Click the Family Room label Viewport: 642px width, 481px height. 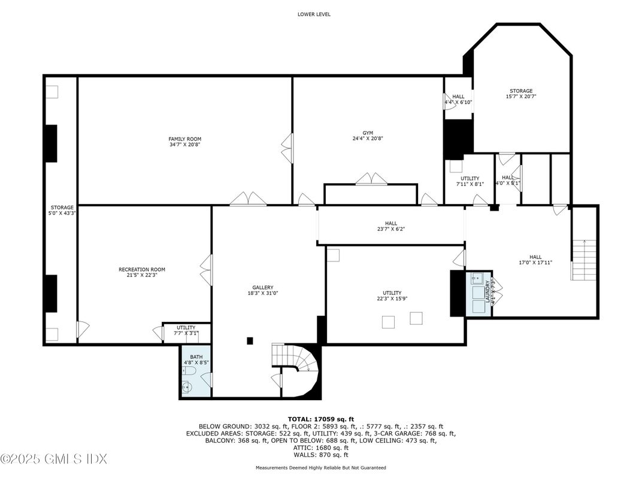pyautogui.click(x=184, y=141)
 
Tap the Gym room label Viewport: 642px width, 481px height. pyautogui.click(x=367, y=135)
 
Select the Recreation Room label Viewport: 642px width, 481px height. pyautogui.click(x=141, y=272)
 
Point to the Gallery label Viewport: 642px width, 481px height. pyautogui.click(x=262, y=290)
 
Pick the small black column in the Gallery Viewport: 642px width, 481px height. pyautogui.click(x=250, y=341)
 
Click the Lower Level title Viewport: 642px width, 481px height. pyautogui.click(x=314, y=14)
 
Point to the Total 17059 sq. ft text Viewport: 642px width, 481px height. pyautogui.click(x=321, y=419)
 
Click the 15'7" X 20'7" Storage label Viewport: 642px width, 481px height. pyautogui.click(x=520, y=93)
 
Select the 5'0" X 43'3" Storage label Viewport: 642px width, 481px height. pyautogui.click(x=62, y=211)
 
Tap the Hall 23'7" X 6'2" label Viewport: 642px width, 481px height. pyautogui.click(x=390, y=226)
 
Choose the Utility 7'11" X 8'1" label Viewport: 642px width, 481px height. pyautogui.click(x=470, y=181)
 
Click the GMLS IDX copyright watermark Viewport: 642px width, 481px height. pyautogui.click(x=54, y=459)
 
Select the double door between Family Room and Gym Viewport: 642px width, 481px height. pyautogui.click(x=288, y=147)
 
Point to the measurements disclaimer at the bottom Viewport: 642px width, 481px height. pyautogui.click(x=321, y=467)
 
